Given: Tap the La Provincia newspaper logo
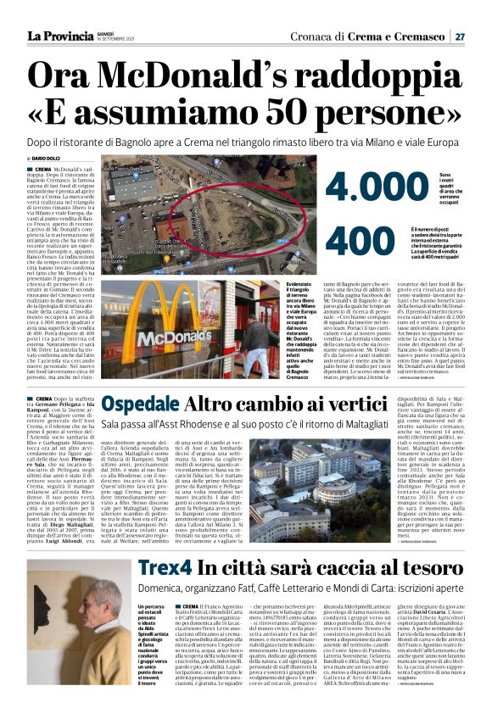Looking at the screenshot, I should click(59, 36).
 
